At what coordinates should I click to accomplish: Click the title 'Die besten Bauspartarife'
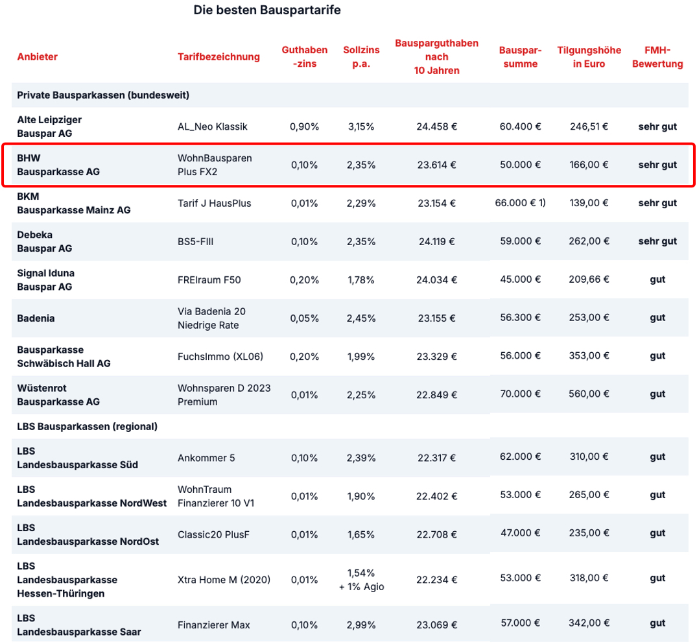pyautogui.click(x=267, y=10)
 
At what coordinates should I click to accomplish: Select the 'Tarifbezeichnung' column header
pyautogui.click(x=219, y=57)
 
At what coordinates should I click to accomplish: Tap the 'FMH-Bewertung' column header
pyautogui.click(x=657, y=57)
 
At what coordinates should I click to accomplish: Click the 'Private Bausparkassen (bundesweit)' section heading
pyautogui.click(x=103, y=95)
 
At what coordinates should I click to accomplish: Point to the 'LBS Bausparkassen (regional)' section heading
pyautogui.click(x=87, y=427)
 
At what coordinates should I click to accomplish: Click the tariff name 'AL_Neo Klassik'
pyautogui.click(x=213, y=126)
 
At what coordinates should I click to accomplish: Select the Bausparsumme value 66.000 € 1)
pyautogui.click(x=520, y=203)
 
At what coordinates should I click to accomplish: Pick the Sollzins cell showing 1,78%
pyautogui.click(x=361, y=280)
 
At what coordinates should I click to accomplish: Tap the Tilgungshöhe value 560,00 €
pyautogui.click(x=589, y=394)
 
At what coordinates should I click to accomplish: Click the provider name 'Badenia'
pyautogui.click(x=36, y=318)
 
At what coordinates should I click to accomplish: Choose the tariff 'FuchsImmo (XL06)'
pyautogui.click(x=220, y=357)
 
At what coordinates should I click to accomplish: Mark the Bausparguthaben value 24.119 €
pyautogui.click(x=436, y=241)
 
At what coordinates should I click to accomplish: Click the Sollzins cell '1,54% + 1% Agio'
pyautogui.click(x=361, y=580)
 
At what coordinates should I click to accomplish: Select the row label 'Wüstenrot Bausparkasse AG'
pyautogui.click(x=58, y=395)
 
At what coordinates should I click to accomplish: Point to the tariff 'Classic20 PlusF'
pyautogui.click(x=213, y=534)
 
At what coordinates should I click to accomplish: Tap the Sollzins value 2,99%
pyautogui.click(x=361, y=625)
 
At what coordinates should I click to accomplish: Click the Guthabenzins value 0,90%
pyautogui.click(x=305, y=126)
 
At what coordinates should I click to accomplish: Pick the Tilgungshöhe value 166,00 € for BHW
pyautogui.click(x=589, y=165)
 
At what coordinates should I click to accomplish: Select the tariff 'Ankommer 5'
pyautogui.click(x=206, y=458)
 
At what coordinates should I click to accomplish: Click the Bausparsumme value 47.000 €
pyautogui.click(x=520, y=533)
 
